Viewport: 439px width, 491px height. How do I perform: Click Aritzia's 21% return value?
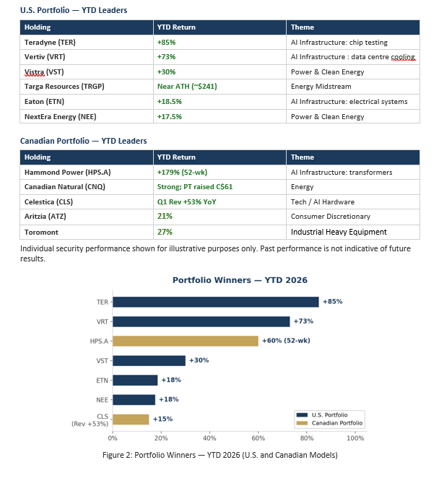click(x=165, y=217)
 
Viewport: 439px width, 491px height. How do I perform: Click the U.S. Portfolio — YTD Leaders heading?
click(x=74, y=10)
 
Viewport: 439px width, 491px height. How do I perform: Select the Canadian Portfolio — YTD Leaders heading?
click(x=83, y=141)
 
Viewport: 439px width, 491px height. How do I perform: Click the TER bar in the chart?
click(x=216, y=302)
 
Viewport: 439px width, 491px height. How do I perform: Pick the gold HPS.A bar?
click(x=186, y=341)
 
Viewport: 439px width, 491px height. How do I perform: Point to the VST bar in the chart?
click(x=149, y=361)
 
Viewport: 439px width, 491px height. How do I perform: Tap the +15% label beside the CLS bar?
click(x=163, y=419)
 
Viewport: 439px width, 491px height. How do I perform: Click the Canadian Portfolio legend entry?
click(x=329, y=423)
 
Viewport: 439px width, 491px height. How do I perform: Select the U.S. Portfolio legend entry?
click(x=322, y=415)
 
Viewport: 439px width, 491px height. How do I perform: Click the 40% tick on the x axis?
click(x=209, y=438)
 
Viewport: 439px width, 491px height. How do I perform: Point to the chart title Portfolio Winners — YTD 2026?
click(x=240, y=280)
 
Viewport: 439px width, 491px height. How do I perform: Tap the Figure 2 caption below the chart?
click(x=219, y=455)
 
